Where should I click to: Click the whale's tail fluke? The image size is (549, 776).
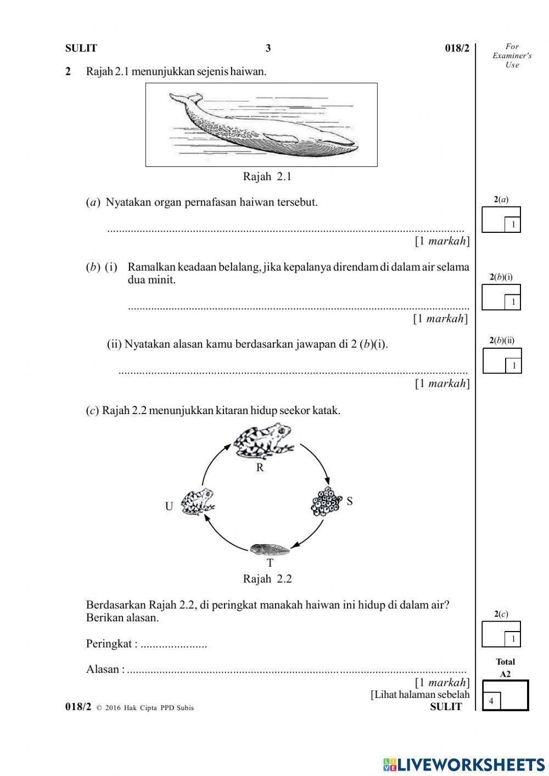pyautogui.click(x=184, y=99)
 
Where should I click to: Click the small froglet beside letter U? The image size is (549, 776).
pyautogui.click(x=197, y=501)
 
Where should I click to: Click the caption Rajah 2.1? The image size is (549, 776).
pyautogui.click(x=267, y=177)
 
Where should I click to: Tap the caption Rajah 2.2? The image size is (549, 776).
pyautogui.click(x=267, y=579)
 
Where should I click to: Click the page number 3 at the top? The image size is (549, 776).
pyautogui.click(x=268, y=48)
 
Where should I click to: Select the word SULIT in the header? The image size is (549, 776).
pyautogui.click(x=81, y=48)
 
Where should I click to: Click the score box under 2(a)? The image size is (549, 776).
pyautogui.click(x=501, y=220)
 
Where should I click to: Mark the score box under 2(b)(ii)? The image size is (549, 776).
pyautogui.click(x=502, y=361)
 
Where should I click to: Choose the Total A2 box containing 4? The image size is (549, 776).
pyautogui.click(x=505, y=695)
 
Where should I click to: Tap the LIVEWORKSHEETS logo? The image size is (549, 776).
pyautogui.click(x=464, y=764)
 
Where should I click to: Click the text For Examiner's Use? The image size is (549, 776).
pyautogui.click(x=512, y=55)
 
